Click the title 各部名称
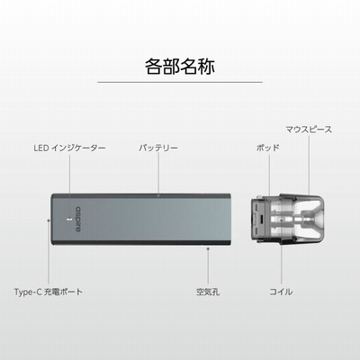coord(180,66)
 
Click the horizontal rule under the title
coord(180,82)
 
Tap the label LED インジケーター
coord(69,148)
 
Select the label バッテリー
coord(158,148)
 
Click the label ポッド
coord(268,148)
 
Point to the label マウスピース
coord(309,130)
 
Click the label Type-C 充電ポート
coord(49,292)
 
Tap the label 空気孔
coord(208,292)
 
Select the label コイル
coord(281,292)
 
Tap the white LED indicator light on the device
coord(69,220)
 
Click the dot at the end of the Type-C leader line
coord(49,220)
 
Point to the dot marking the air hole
coord(208,248)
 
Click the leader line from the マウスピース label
coord(309,165)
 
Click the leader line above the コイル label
coord(282,263)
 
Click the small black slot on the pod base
coord(262,220)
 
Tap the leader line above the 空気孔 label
coord(208,266)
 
